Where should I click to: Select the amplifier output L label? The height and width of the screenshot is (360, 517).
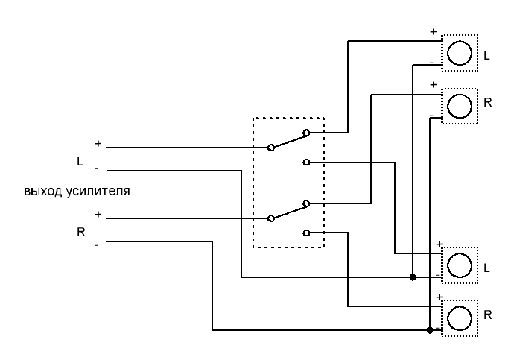tap(80, 161)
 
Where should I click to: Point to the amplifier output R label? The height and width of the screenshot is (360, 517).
tap(80, 232)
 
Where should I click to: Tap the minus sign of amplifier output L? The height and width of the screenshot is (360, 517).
tap(97, 168)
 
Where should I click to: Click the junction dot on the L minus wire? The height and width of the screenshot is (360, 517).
tap(413, 277)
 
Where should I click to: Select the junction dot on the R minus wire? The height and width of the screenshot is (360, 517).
tap(430, 329)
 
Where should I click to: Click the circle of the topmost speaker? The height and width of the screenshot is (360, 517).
tap(460, 53)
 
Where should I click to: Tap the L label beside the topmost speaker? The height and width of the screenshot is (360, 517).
tap(486, 56)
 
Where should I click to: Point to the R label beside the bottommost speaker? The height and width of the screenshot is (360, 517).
tap(487, 315)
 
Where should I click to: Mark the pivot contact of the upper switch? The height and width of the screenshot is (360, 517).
tap(271, 148)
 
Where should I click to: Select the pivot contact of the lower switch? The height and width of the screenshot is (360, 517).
tap(271, 218)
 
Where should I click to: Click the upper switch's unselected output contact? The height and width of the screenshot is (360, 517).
tap(306, 162)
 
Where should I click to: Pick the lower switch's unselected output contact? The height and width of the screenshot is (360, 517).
tap(306, 232)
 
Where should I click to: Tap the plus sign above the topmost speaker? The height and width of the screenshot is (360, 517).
tap(433, 32)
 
